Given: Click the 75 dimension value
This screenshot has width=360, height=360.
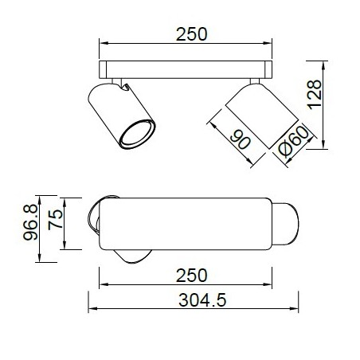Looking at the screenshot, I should pos(55,221).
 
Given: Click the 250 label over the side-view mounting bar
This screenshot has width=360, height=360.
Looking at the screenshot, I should pos(192,34).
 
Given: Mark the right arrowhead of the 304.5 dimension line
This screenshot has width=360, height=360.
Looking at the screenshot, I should pos(295,310).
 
